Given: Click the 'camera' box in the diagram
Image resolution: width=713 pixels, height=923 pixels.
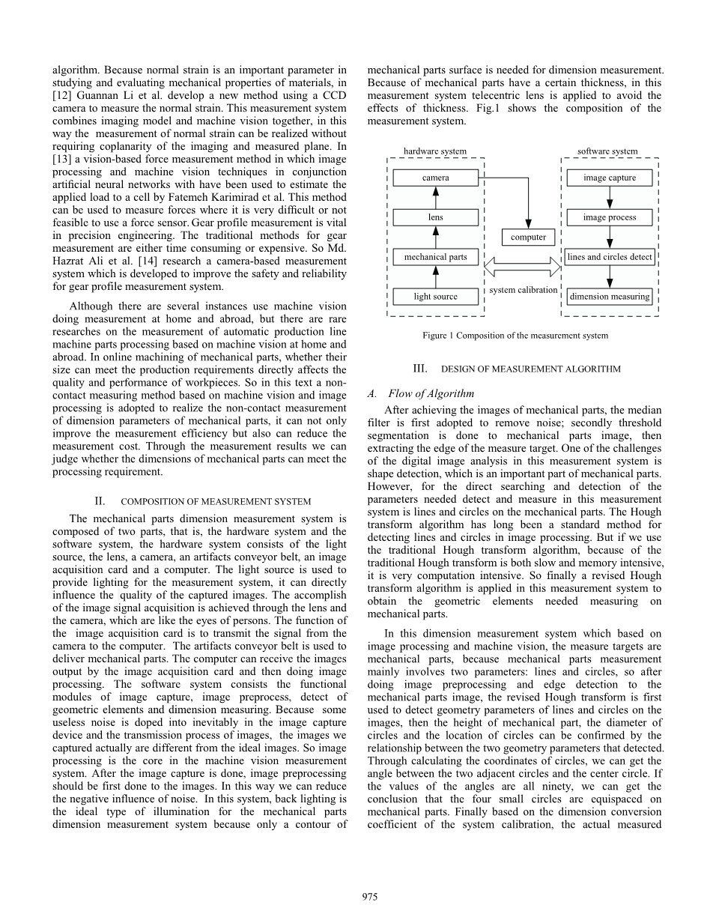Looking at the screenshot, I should tap(435, 178).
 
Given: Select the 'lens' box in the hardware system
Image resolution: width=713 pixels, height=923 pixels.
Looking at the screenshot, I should tap(435, 217).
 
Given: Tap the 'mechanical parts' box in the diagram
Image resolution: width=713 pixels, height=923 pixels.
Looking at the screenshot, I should tap(435, 257).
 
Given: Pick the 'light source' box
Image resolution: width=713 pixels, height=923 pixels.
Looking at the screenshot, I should tap(435, 297).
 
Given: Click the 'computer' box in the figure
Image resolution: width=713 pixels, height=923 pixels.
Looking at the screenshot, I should tap(528, 237).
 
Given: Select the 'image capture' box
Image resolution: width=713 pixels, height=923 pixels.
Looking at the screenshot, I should tap(610, 178).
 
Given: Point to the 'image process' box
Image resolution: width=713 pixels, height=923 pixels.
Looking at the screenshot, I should tap(610, 217).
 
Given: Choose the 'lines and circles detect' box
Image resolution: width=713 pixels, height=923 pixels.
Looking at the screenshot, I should tap(610, 257).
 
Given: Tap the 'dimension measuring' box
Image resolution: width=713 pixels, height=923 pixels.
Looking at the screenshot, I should tap(610, 297).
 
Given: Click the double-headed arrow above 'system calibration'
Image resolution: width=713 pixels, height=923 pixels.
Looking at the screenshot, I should tap(523, 266).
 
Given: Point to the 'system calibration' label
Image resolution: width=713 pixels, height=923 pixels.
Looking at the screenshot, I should tap(524, 290).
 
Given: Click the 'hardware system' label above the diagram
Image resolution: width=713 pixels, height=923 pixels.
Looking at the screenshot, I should tap(434, 151).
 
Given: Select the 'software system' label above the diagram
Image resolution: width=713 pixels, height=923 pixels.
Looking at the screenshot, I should tap(607, 151).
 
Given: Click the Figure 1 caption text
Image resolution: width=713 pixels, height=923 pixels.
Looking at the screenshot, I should tap(515, 336).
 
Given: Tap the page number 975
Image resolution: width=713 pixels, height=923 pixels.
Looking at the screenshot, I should tap(369, 898).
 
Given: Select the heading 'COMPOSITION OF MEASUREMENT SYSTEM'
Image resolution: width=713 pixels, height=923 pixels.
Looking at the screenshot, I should tap(215, 501).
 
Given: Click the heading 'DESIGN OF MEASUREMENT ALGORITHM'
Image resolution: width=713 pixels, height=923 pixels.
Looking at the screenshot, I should tap(530, 369).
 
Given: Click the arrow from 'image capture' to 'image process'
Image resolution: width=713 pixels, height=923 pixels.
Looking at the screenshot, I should tap(610, 198).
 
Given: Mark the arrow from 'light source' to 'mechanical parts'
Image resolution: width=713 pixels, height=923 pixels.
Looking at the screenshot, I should tap(435, 277).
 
